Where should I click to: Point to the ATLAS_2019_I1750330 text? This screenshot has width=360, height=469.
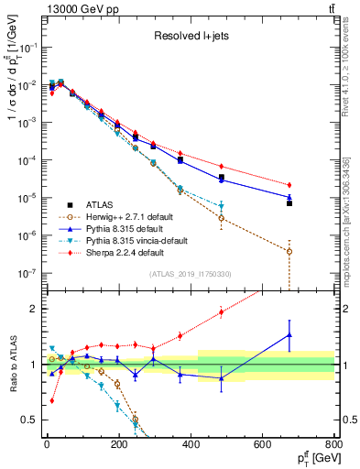[x=191, y=274]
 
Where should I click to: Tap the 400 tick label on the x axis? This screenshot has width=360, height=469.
[x=191, y=445]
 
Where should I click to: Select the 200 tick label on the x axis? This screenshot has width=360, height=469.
[x=118, y=445]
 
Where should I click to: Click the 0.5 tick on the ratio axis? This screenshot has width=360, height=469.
[x=31, y=420]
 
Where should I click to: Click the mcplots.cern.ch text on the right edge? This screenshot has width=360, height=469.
[x=352, y=211]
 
